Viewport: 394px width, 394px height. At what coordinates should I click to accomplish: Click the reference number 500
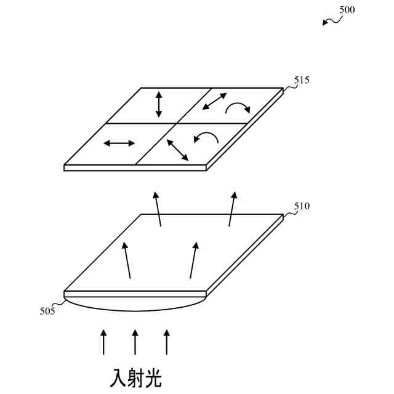(x=347, y=10)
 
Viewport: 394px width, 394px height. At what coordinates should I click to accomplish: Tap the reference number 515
(x=302, y=81)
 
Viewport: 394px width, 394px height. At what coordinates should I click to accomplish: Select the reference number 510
(x=302, y=206)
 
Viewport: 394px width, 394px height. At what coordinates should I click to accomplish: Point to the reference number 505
(x=47, y=311)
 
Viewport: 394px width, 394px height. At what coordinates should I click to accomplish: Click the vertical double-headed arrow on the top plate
(x=159, y=104)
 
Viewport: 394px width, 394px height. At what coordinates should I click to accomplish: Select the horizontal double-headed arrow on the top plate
(x=119, y=143)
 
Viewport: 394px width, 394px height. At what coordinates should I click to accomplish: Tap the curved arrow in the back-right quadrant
(x=238, y=109)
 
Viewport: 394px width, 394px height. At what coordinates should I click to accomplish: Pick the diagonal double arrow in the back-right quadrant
(x=215, y=101)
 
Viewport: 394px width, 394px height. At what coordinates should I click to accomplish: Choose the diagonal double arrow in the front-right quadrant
(x=177, y=150)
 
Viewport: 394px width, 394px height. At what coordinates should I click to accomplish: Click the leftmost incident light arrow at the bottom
(x=103, y=342)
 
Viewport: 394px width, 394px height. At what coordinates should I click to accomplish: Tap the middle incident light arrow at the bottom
(x=135, y=342)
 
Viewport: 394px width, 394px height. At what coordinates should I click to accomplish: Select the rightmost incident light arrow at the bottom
(x=166, y=342)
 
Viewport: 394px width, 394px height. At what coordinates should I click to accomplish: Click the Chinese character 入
(x=119, y=377)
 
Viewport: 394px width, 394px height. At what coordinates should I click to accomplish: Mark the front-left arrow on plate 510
(x=127, y=260)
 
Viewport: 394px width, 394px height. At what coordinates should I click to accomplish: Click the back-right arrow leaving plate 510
(x=232, y=209)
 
